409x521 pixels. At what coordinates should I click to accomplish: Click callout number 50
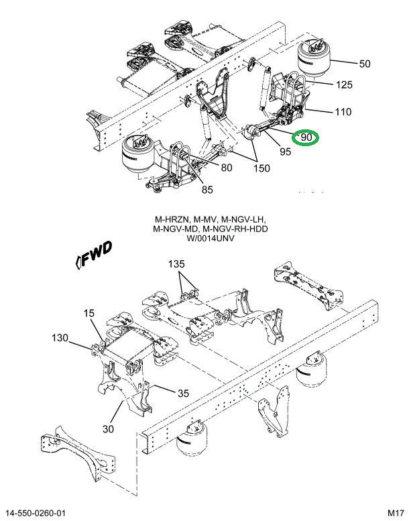(x=364, y=64)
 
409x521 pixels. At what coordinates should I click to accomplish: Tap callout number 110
(x=343, y=112)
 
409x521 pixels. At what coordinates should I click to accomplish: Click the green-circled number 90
(x=308, y=137)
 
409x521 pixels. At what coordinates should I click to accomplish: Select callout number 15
(x=89, y=313)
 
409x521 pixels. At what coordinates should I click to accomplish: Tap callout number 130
(x=60, y=339)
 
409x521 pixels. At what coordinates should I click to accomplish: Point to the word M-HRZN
(x=170, y=219)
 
